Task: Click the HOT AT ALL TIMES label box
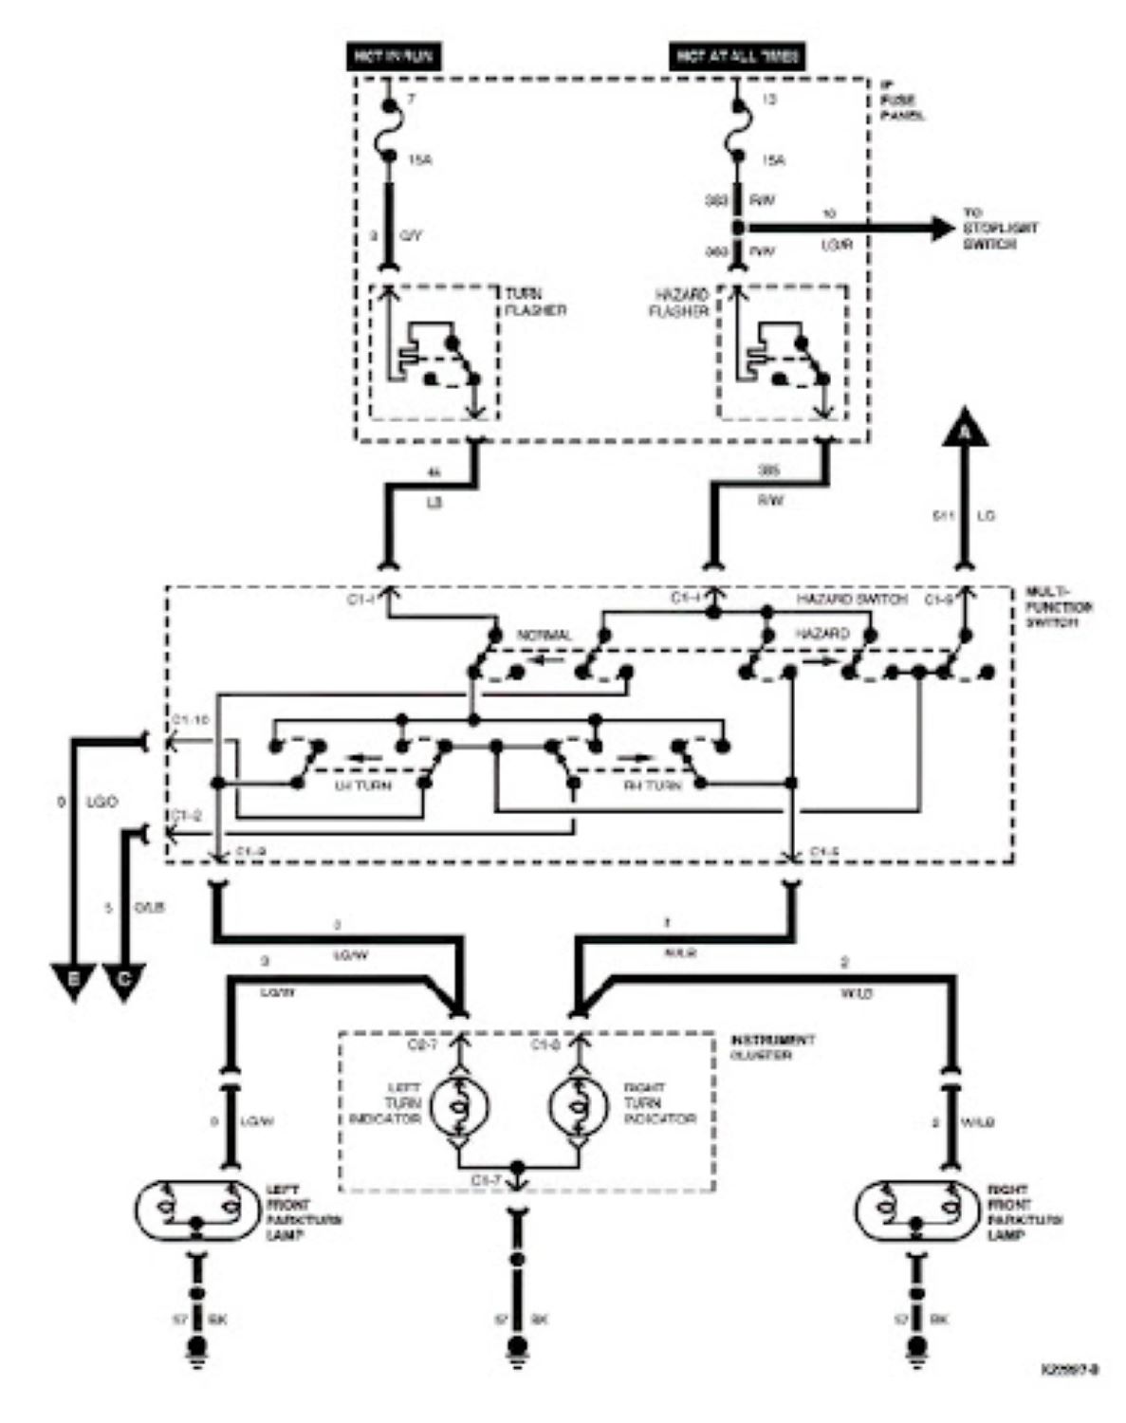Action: click(737, 57)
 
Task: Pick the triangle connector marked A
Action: click(965, 431)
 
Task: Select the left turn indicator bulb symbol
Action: click(459, 1105)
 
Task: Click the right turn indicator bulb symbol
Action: click(578, 1105)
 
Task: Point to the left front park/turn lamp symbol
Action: click(196, 1210)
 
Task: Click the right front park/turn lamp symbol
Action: click(916, 1210)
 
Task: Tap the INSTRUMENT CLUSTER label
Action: click(771, 1046)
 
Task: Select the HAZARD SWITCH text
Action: click(851, 600)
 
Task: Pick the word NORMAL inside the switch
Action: click(544, 635)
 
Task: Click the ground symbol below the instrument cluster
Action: click(518, 1349)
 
